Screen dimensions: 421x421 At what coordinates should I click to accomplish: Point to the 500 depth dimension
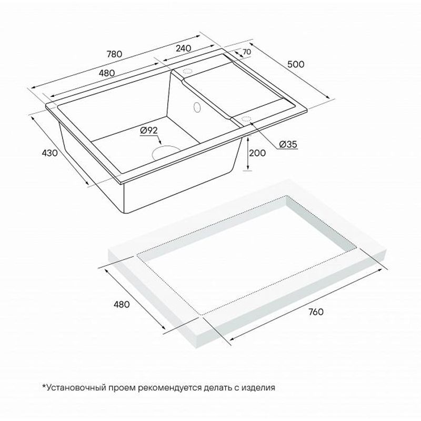coord(297,64)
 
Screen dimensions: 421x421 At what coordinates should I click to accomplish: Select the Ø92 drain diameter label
coord(149,131)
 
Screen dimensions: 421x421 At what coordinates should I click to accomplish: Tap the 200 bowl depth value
coord(257,153)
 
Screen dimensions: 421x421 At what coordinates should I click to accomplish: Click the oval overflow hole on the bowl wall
coord(197,107)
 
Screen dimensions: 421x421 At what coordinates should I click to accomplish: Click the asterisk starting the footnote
coord(44,387)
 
